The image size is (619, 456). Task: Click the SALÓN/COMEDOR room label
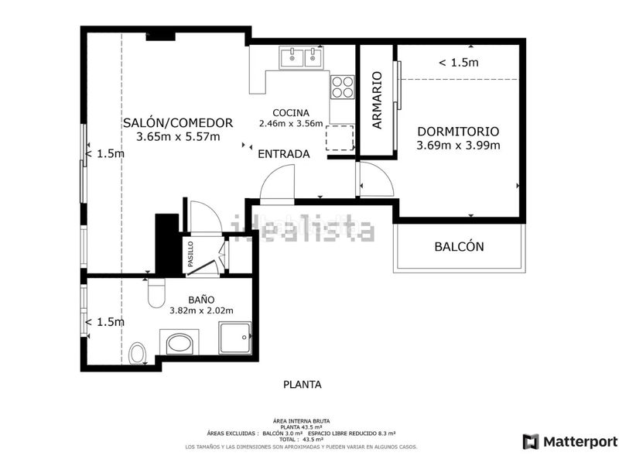click(x=178, y=122)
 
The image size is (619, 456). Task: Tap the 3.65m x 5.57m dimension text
click(x=178, y=137)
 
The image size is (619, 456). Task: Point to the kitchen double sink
click(x=302, y=56)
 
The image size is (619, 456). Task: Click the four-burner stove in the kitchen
click(x=341, y=87)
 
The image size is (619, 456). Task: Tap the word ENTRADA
click(x=283, y=154)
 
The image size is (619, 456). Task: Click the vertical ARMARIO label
click(x=377, y=100)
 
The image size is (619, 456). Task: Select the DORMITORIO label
click(x=458, y=132)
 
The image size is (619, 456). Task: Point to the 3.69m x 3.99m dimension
click(x=458, y=146)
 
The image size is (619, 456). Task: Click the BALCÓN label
click(x=459, y=247)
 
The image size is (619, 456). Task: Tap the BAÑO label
click(x=201, y=300)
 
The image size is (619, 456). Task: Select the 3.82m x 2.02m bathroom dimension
click(x=201, y=311)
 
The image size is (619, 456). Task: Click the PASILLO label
click(x=190, y=254)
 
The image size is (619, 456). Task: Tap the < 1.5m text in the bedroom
click(x=458, y=63)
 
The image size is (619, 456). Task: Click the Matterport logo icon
click(x=531, y=441)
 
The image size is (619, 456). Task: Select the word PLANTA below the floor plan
click(x=302, y=384)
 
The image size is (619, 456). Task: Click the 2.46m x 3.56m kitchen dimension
click(x=290, y=123)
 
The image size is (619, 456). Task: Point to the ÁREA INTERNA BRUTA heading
click(x=302, y=420)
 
